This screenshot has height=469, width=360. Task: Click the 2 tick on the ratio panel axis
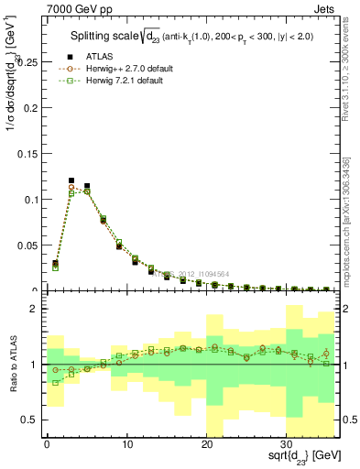(x=32, y=309)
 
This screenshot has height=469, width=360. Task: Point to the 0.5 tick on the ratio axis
(x=27, y=420)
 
